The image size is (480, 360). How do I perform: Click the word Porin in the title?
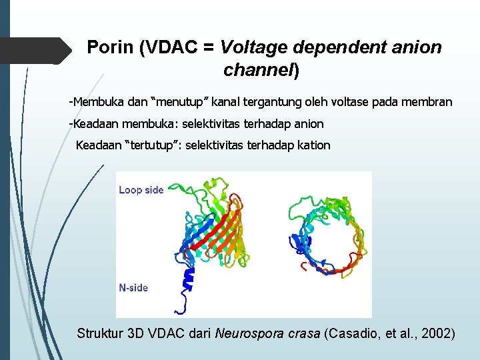click(111, 48)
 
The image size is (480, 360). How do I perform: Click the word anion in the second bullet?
click(309, 124)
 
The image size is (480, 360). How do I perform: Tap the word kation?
click(315, 145)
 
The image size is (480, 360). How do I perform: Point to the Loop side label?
click(141, 190)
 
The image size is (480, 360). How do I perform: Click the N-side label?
click(133, 288)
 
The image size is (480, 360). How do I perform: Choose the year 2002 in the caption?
click(437, 333)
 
